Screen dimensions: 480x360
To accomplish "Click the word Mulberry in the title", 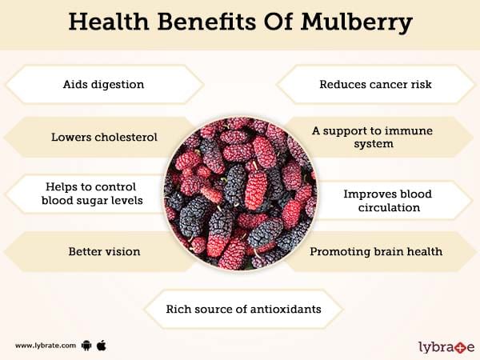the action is point(357,22).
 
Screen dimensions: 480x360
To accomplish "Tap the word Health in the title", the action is point(109,22).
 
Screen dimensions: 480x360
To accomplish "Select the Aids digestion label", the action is point(103,84).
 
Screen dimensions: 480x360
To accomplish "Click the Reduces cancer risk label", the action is point(376,84).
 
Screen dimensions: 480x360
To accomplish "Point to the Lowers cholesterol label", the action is point(104,137).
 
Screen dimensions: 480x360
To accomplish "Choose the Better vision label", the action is point(104,252).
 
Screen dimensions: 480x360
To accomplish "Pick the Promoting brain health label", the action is point(376,252).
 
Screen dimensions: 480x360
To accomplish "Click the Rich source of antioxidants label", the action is point(244,309).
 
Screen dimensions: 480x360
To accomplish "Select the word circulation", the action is point(389,207).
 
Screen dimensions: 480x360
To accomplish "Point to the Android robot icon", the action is point(86,346).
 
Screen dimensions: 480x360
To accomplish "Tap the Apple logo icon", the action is point(102,346).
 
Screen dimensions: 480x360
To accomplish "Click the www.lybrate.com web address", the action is point(46,346).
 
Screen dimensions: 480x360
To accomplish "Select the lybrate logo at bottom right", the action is point(446,347).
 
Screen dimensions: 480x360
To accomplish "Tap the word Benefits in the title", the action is point(206,22).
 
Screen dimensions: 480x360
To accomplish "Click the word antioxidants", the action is point(286,309).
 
